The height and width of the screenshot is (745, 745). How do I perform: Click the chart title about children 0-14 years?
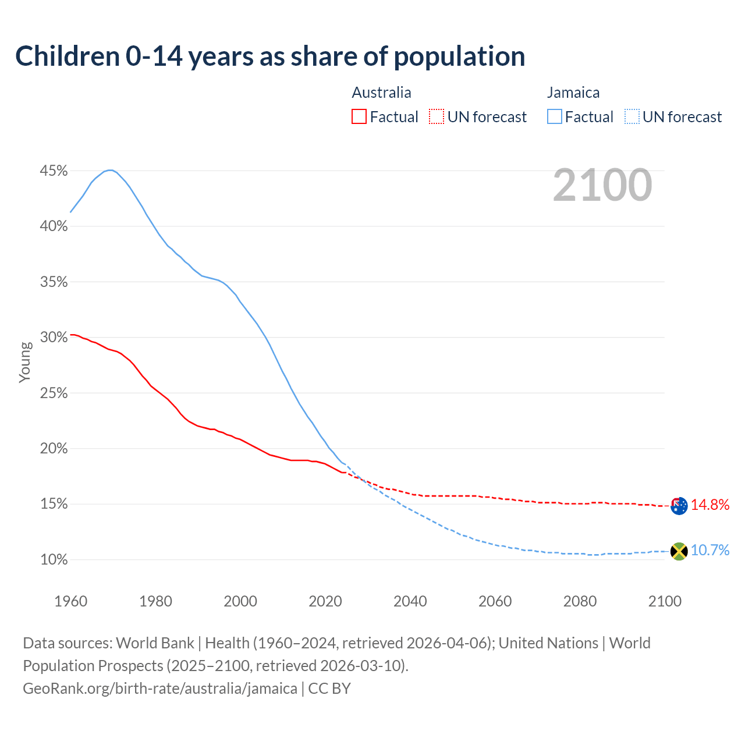point(270,56)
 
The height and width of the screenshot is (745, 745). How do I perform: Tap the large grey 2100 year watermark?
point(602,185)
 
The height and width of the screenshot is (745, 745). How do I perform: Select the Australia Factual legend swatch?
point(359,117)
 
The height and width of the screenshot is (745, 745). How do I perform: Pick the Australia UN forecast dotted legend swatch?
point(437,117)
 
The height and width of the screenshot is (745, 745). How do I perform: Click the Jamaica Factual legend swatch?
point(555,117)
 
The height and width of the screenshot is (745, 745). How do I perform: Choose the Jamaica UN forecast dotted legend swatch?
point(632,117)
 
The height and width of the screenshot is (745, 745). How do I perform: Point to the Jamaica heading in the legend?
point(573,93)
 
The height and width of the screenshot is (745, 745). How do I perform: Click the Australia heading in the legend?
point(381,93)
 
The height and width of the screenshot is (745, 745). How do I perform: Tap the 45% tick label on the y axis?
point(54,171)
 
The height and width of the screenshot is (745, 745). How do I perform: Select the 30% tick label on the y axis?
point(54,338)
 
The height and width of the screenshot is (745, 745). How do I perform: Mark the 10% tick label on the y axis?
point(54,560)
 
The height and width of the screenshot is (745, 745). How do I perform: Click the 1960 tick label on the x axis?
point(71,601)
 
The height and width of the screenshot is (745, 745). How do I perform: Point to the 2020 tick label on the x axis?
point(325,601)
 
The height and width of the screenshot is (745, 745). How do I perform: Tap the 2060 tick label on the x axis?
point(495,601)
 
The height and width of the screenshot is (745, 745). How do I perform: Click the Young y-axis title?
point(25,362)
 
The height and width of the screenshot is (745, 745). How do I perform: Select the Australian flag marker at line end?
point(679,506)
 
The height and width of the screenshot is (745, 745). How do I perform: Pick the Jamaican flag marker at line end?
point(679,551)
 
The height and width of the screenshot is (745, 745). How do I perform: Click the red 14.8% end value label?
point(710,505)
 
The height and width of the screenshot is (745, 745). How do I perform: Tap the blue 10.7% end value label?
point(710,550)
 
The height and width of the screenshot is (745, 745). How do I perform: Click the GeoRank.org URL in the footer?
point(160,688)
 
